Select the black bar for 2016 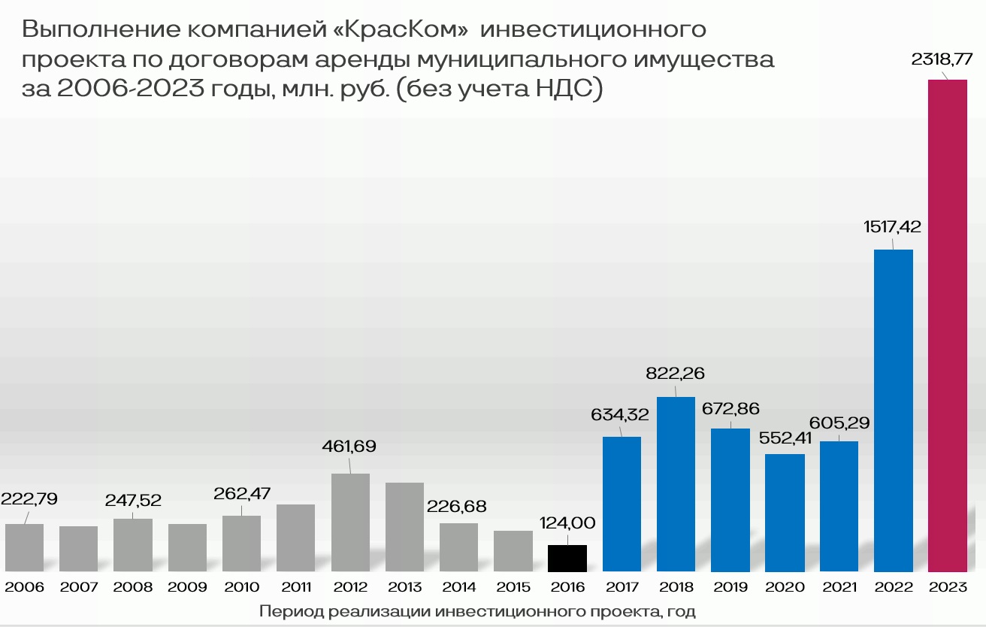pyautogui.click(x=567, y=559)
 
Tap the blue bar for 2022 pyautogui.click(x=894, y=410)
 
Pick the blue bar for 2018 pyautogui.click(x=676, y=484)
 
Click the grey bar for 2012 pyautogui.click(x=350, y=522)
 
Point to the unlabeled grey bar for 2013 pyautogui.click(x=404, y=527)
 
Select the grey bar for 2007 pyautogui.click(x=78, y=549)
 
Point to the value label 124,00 pyautogui.click(x=567, y=522)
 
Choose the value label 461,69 pyautogui.click(x=349, y=447)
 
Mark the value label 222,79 pyautogui.click(x=29, y=498)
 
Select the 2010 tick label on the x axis pyautogui.click(x=241, y=587)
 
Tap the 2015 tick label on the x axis pyautogui.click(x=513, y=587)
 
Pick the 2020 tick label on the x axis pyautogui.click(x=785, y=587)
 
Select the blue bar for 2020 pyautogui.click(x=785, y=513)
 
